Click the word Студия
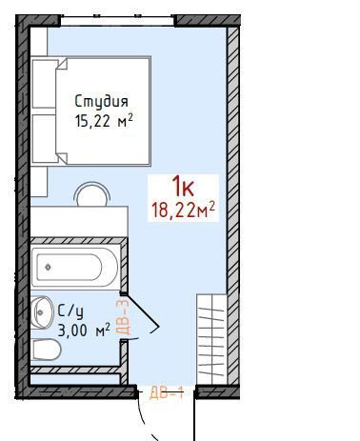(x=102, y=102)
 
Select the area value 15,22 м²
(x=104, y=121)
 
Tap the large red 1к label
(x=183, y=187)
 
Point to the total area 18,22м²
(x=184, y=210)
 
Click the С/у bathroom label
(x=70, y=311)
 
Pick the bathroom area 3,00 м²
(x=84, y=331)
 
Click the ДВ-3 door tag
(x=125, y=316)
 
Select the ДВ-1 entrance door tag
(x=167, y=393)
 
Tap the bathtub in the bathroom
(x=75, y=268)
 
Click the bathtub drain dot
(x=48, y=268)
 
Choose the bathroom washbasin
(x=42, y=312)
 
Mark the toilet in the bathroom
(x=46, y=350)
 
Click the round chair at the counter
(x=92, y=193)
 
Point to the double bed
(x=90, y=110)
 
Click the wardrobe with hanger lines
(x=211, y=339)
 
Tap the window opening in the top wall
(x=117, y=20)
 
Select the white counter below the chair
(x=79, y=221)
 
